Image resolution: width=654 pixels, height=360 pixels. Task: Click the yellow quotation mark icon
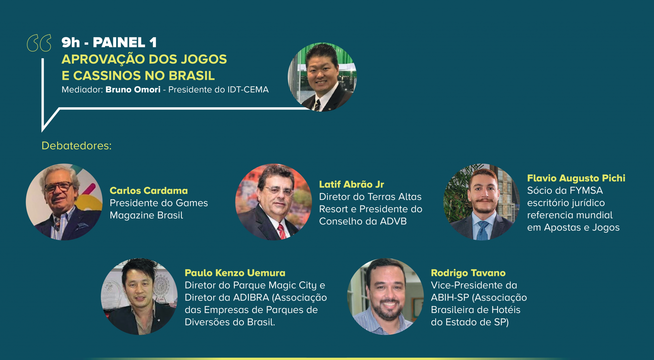tap(39, 43)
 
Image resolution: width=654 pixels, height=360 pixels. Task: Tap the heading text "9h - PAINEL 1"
tap(109, 42)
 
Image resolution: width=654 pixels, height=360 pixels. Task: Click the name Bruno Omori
tap(133, 89)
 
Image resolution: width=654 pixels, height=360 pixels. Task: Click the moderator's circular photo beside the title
tap(322, 77)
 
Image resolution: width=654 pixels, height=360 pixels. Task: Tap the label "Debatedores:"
tap(77, 146)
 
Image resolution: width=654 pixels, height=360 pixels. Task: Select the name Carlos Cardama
tap(149, 190)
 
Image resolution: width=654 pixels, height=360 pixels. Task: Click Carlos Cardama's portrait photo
tap(64, 202)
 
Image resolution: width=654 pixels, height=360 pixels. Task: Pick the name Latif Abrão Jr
tap(352, 184)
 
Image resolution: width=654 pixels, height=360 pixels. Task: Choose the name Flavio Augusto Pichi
tap(576, 178)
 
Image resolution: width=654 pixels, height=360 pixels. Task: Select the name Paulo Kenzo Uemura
tap(235, 273)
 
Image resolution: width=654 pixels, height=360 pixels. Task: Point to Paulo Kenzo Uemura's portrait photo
tap(139, 296)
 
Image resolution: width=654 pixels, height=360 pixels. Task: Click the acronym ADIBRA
tap(251, 297)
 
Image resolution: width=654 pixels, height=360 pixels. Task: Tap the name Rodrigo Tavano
tap(468, 273)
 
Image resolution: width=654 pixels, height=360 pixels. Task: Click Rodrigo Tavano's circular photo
tap(385, 296)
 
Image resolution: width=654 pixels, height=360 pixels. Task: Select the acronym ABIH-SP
tap(450, 297)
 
